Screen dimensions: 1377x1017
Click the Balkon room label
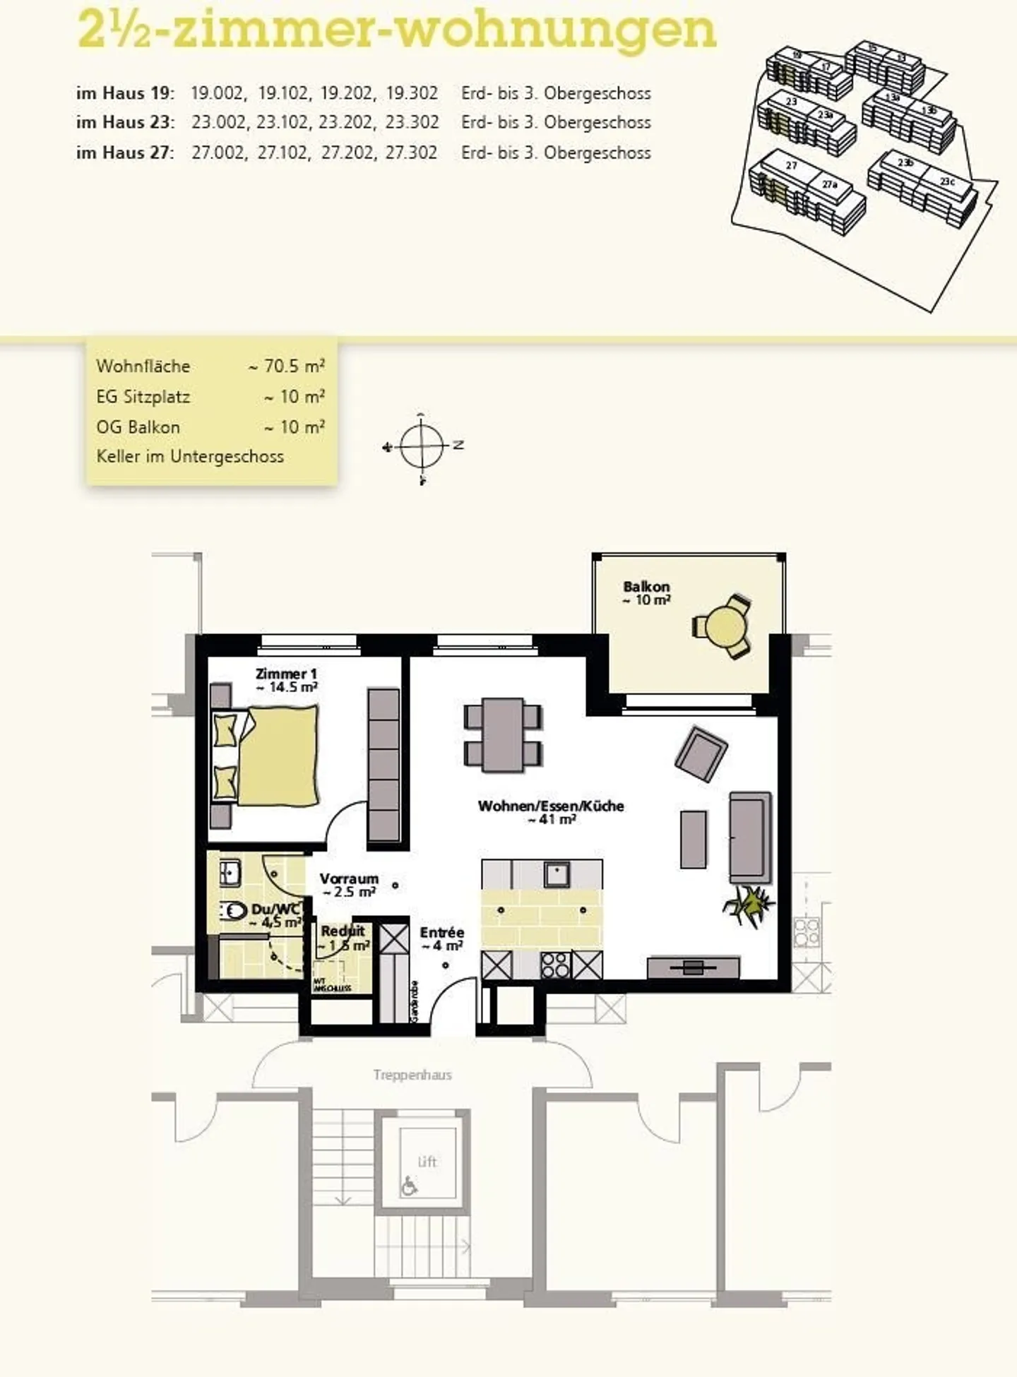pyautogui.click(x=646, y=587)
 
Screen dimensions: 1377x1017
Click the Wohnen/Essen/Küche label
pyautogui.click(x=551, y=806)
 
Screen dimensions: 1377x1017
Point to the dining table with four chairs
pyautogui.click(x=503, y=735)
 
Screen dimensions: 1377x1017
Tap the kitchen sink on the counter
pyautogui.click(x=557, y=874)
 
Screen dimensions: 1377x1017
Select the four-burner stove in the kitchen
pyautogui.click(x=555, y=965)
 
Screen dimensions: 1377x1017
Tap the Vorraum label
pyautogui.click(x=349, y=879)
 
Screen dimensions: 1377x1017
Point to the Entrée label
pyautogui.click(x=442, y=933)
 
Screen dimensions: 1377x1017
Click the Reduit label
pyautogui.click(x=343, y=931)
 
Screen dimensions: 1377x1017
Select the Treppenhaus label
pyautogui.click(x=412, y=1075)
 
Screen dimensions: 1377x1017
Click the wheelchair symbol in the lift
pyautogui.click(x=409, y=1186)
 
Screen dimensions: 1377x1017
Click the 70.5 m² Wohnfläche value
pyautogui.click(x=287, y=366)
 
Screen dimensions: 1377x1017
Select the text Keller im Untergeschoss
pyautogui.click(x=190, y=457)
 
